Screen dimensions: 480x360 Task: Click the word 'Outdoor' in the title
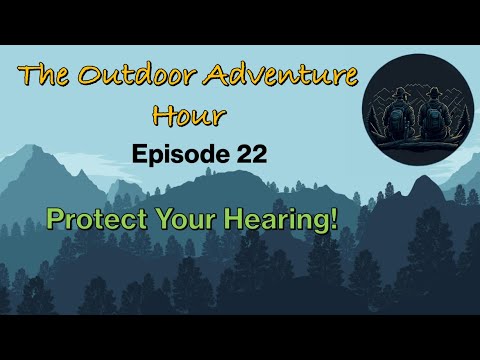136,75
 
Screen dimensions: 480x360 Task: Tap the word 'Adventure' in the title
281,74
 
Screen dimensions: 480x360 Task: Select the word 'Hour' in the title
189,116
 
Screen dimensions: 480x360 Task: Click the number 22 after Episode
252,154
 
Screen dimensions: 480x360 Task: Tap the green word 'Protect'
97,219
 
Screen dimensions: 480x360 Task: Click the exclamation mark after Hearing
334,219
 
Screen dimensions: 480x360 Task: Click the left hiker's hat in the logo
398,92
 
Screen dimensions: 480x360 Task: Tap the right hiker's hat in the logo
433,92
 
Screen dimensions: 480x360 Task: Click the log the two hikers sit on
417,144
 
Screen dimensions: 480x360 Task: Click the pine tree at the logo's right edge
464,117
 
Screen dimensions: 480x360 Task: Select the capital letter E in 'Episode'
139,154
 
